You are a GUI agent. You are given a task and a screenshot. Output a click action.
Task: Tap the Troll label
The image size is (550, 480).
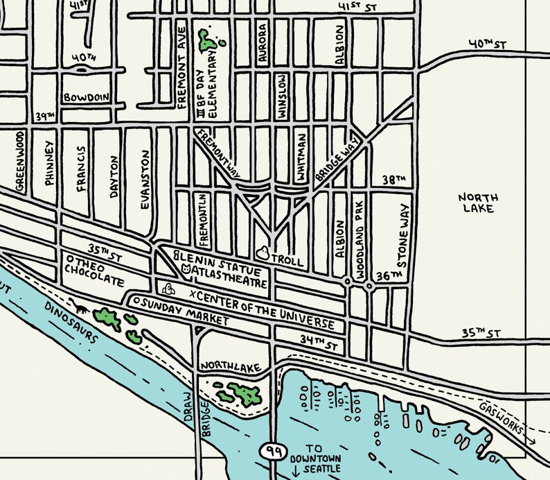287,262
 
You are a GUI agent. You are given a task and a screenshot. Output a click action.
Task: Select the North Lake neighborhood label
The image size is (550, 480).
478,203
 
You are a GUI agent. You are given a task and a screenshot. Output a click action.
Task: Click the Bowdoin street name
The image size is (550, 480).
86,98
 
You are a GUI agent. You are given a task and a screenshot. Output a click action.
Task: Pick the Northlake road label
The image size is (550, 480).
228,366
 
